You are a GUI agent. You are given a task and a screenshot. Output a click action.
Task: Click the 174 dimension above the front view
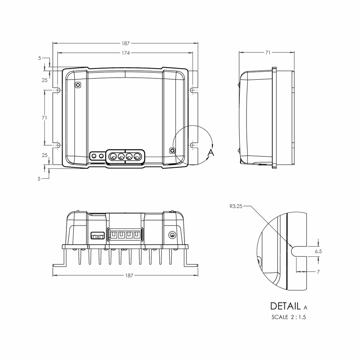pos(126,53)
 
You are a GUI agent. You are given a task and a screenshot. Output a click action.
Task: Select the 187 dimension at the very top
pos(126,43)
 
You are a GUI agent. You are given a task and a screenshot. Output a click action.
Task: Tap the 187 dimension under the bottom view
pos(129,275)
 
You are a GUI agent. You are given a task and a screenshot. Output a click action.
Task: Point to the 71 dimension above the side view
pos(268,53)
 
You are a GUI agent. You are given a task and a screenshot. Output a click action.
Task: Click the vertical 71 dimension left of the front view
pos(44,118)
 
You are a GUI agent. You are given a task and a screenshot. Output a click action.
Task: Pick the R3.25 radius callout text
pos(236,206)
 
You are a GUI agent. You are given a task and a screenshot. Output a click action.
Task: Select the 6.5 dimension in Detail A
pos(318,251)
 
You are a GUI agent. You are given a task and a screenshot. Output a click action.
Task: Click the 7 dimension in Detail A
pos(318,272)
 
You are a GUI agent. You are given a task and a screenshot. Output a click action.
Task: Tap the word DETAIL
pos(285,306)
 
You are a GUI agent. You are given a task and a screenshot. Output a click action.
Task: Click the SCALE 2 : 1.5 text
pos(289,317)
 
